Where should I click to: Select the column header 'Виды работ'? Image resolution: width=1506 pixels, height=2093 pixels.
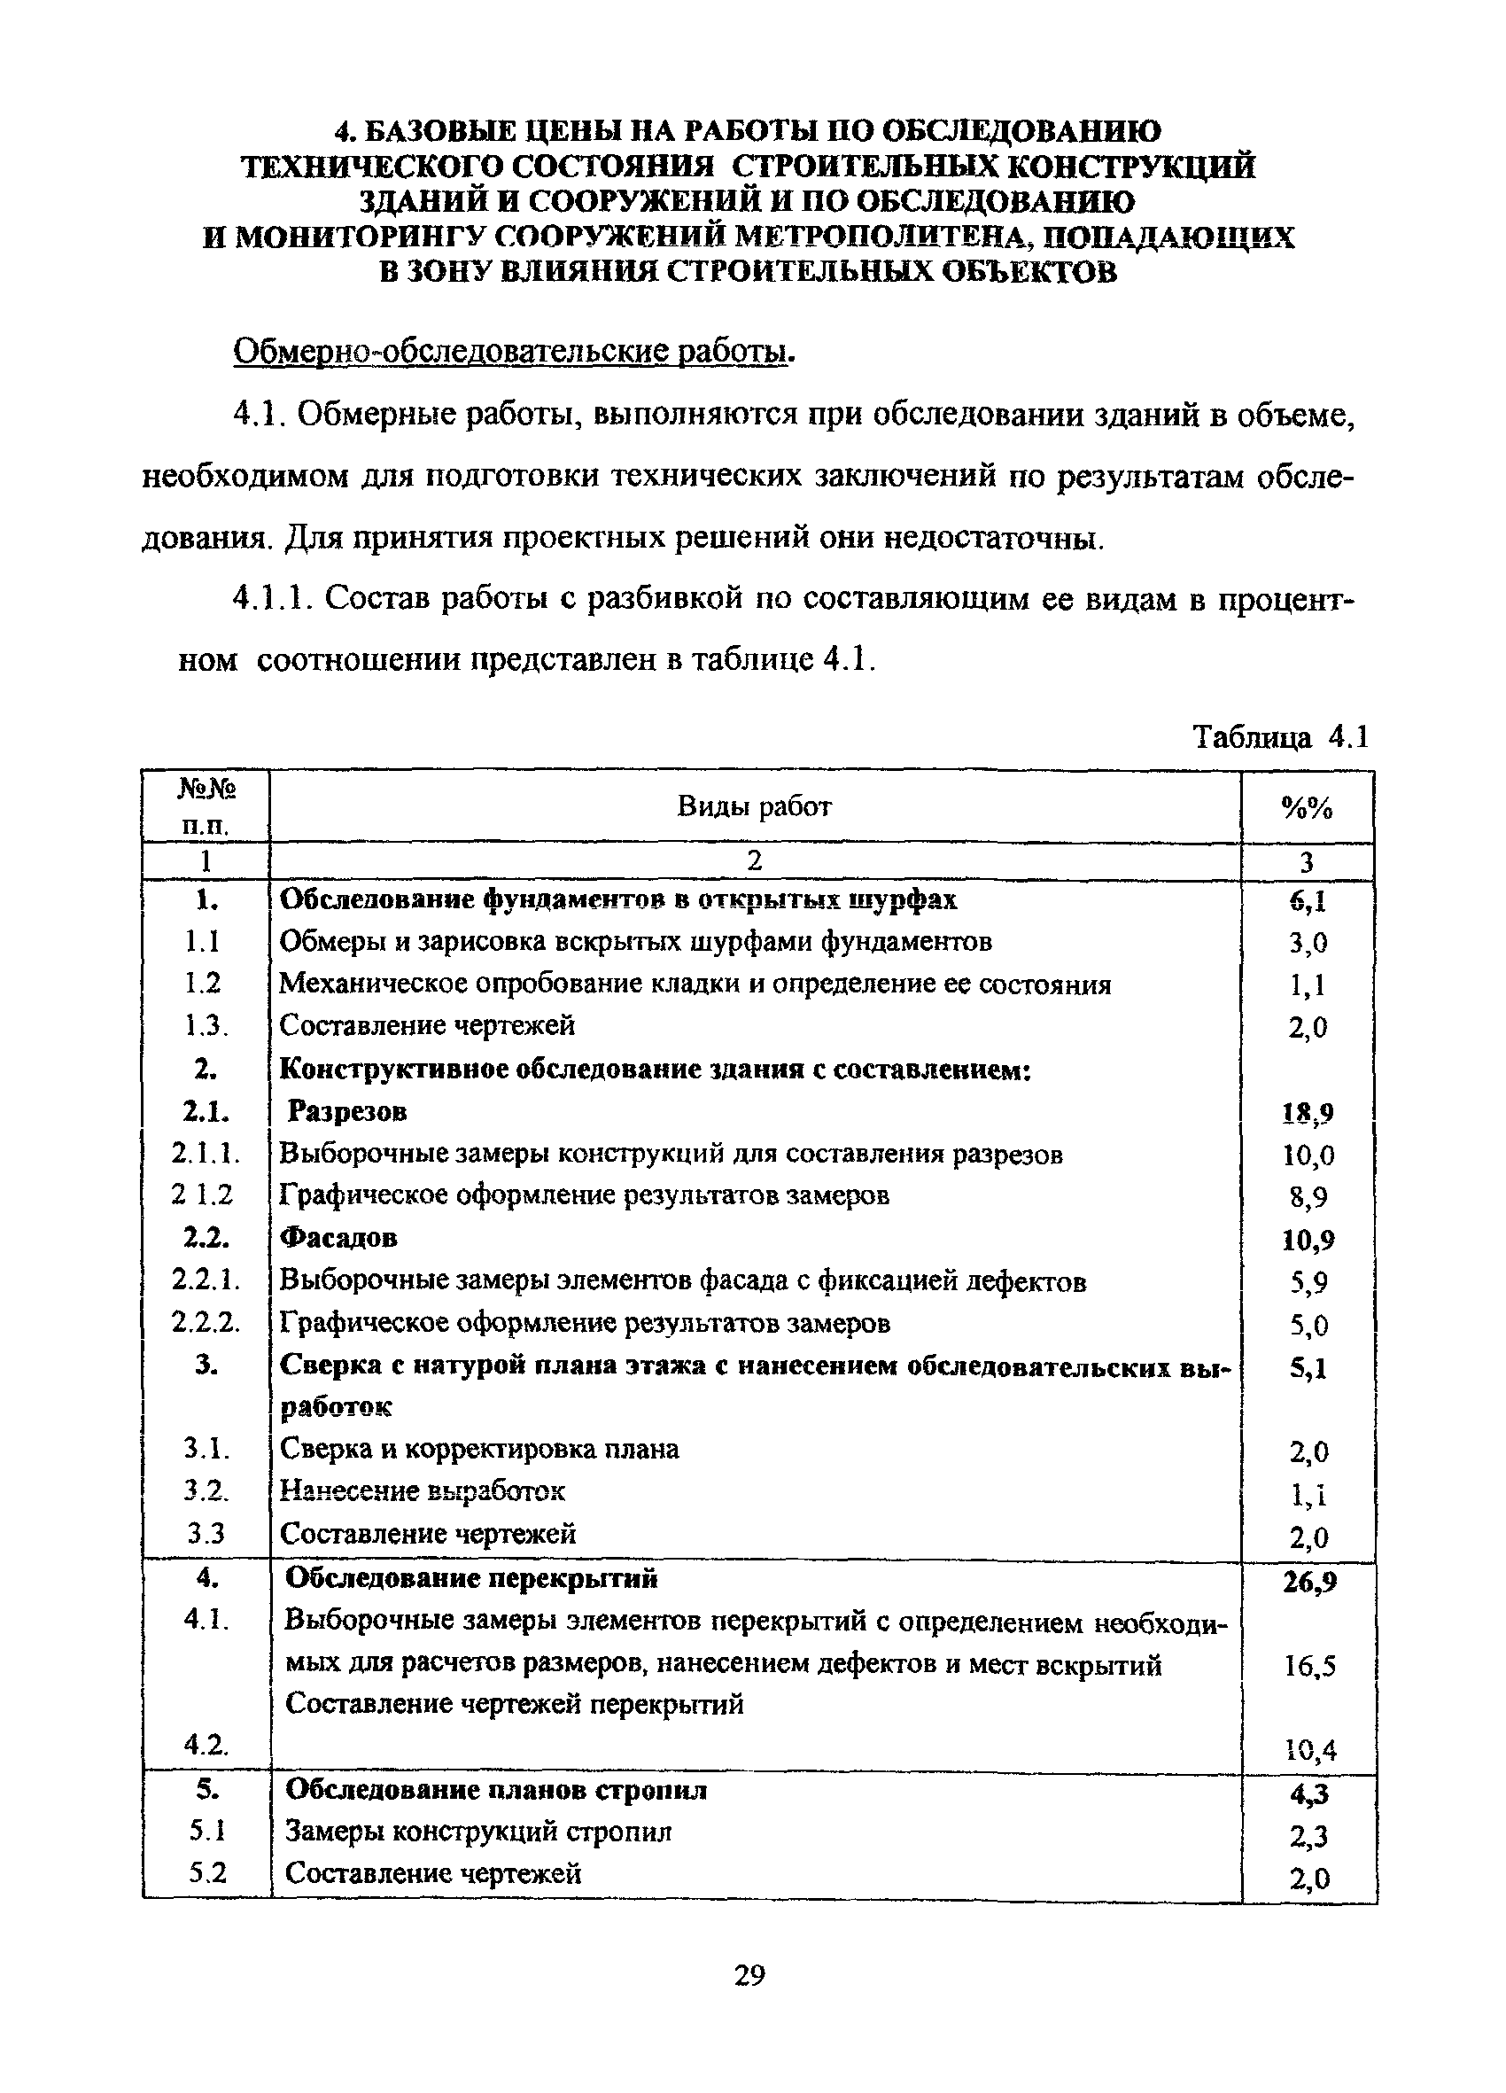coord(754,806)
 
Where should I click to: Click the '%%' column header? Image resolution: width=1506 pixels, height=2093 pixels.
coord(1307,808)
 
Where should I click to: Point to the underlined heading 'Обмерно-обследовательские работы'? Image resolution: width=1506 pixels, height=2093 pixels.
coord(513,352)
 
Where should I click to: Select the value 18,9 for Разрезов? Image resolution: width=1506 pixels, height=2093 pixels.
coord(1308,1114)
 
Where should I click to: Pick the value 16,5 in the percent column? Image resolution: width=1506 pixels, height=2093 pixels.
coord(1309,1667)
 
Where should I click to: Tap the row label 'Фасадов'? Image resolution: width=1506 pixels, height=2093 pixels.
coord(338,1238)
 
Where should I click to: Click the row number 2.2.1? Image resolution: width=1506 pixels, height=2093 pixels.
coord(206,1280)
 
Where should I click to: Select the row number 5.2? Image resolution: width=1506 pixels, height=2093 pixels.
coord(207,1872)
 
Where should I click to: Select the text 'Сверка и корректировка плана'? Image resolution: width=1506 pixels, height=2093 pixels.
coord(479,1449)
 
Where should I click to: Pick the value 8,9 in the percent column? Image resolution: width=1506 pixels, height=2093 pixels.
coord(1308,1198)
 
